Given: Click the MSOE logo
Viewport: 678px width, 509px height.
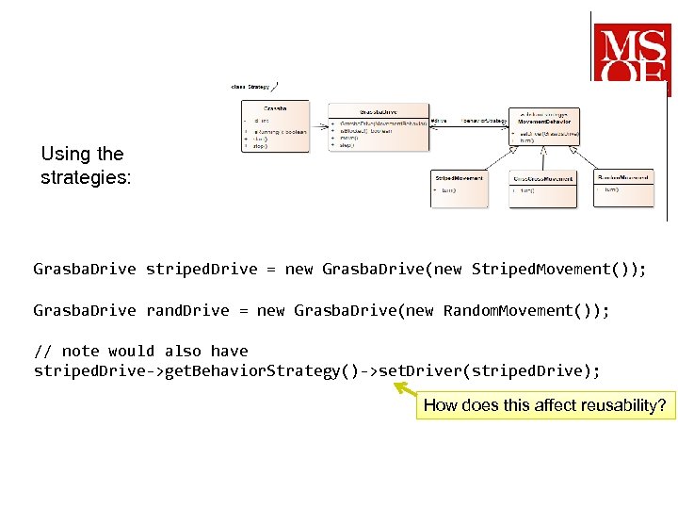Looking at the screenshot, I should [631, 54].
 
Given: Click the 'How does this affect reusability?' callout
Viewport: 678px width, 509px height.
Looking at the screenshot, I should [545, 406].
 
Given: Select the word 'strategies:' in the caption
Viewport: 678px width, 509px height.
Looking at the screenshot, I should [86, 177].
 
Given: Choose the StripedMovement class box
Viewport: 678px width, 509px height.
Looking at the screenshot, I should [460, 189].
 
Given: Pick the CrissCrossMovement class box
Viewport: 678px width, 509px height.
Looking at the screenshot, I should [542, 189].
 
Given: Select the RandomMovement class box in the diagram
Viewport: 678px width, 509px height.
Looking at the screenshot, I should [623, 186].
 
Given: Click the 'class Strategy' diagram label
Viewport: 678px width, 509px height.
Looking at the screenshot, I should [251, 87].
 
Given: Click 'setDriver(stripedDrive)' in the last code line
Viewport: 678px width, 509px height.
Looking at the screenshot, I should [489, 371].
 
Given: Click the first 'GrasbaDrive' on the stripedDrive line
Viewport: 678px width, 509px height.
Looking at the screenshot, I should [85, 270].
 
